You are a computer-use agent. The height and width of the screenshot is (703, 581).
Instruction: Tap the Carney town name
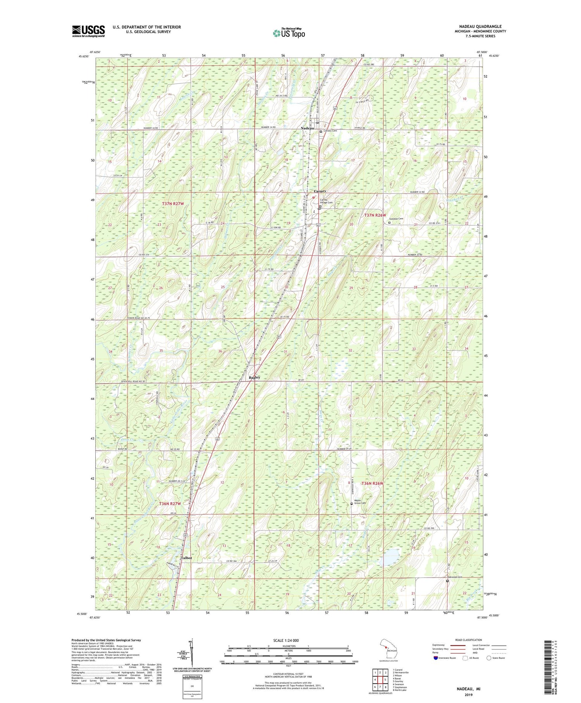[x=320, y=191]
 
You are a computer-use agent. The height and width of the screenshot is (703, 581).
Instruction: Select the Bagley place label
[x=254, y=377]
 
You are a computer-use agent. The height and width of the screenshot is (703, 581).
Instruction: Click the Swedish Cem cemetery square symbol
[x=389, y=223]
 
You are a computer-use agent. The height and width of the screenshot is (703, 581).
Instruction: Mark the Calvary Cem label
[x=330, y=131]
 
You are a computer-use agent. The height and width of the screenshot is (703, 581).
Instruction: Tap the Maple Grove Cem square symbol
[x=352, y=504]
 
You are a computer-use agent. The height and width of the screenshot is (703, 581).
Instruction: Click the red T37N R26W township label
[x=375, y=215]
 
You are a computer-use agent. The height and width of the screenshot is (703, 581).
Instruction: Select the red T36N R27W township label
[x=170, y=503]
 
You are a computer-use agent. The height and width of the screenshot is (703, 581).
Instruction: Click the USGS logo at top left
[x=88, y=31]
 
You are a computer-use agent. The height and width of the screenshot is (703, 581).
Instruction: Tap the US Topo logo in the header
[x=289, y=33]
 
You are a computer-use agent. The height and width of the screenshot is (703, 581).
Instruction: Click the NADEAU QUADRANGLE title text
[x=479, y=26]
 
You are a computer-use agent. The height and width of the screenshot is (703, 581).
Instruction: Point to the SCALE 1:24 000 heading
[x=288, y=640]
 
